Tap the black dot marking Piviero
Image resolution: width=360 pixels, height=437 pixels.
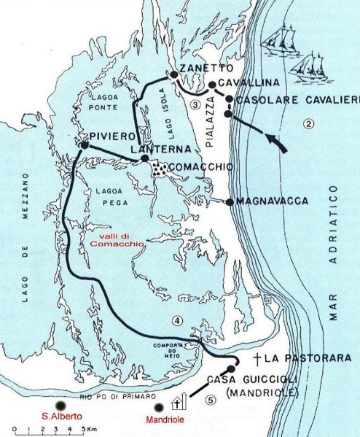click(84, 146)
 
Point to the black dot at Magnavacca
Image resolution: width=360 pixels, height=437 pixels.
click(230, 202)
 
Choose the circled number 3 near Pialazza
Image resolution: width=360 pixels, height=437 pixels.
click(195, 104)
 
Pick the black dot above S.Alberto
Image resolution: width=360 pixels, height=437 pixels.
click(60, 406)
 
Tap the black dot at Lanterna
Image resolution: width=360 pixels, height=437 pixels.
click(145, 158)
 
